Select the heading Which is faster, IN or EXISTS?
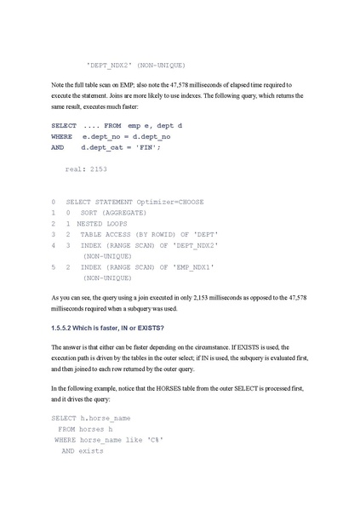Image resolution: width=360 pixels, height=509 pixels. pos(116,328)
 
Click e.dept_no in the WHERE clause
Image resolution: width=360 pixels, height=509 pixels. pos(100,136)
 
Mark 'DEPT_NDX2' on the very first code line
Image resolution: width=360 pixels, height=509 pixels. pos(112,65)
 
